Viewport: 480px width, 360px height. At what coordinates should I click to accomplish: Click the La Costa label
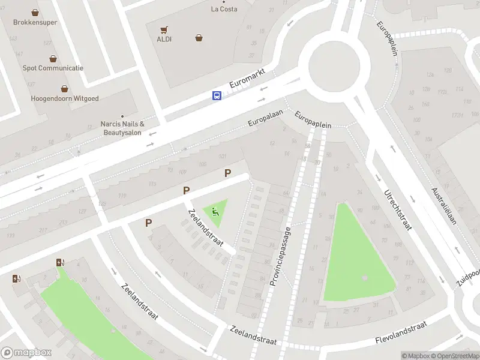[x=224, y=9]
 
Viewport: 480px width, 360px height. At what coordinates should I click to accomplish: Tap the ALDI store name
[x=164, y=39]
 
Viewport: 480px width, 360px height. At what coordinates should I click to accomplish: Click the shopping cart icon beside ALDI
[x=164, y=29]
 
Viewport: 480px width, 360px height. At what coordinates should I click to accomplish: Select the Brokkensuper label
[x=35, y=22]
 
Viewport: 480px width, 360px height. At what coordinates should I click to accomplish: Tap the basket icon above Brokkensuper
[x=35, y=12]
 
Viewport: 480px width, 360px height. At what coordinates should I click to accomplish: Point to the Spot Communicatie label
[x=53, y=68]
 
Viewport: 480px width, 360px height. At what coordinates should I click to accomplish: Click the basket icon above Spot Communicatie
[x=53, y=58]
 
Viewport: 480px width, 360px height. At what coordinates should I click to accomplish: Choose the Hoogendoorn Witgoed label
[x=64, y=98]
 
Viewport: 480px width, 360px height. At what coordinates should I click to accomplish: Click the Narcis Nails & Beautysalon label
[x=122, y=128]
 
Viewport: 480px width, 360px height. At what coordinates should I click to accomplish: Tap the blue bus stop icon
[x=217, y=95]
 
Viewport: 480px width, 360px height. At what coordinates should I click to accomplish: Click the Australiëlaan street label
[x=443, y=206]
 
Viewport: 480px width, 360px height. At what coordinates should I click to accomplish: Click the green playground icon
[x=215, y=211]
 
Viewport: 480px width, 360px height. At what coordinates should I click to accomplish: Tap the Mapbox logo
[x=26, y=352]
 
